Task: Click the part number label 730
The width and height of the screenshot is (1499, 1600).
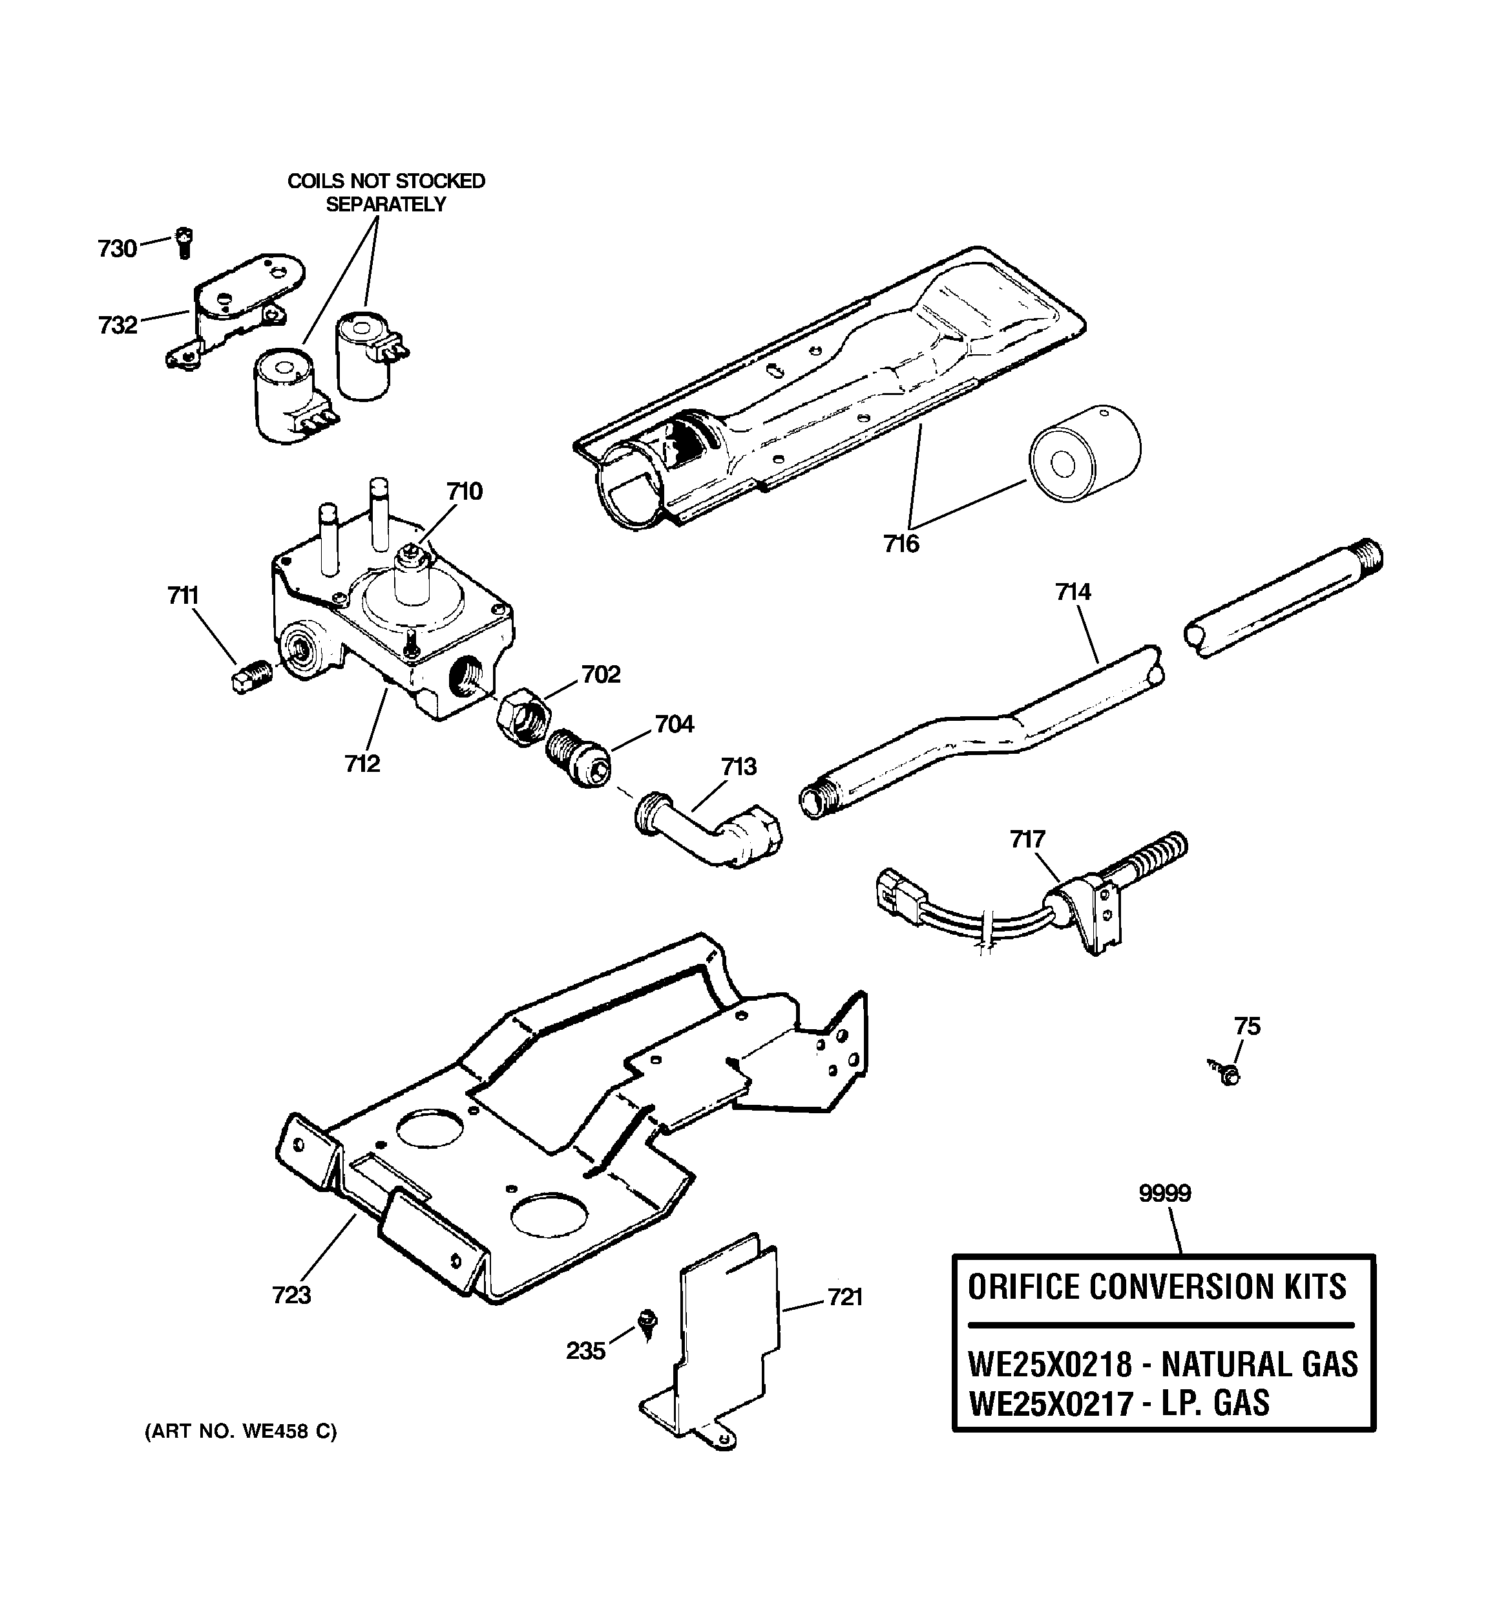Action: [x=118, y=249]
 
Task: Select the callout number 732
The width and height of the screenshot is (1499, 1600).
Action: [x=118, y=325]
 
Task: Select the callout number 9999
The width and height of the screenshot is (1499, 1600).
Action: [x=1164, y=1193]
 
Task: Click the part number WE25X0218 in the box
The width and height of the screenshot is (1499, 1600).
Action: [x=1049, y=1364]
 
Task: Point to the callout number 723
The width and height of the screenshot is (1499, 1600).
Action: [x=291, y=1295]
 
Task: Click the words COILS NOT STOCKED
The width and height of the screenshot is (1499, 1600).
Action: [x=386, y=181]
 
